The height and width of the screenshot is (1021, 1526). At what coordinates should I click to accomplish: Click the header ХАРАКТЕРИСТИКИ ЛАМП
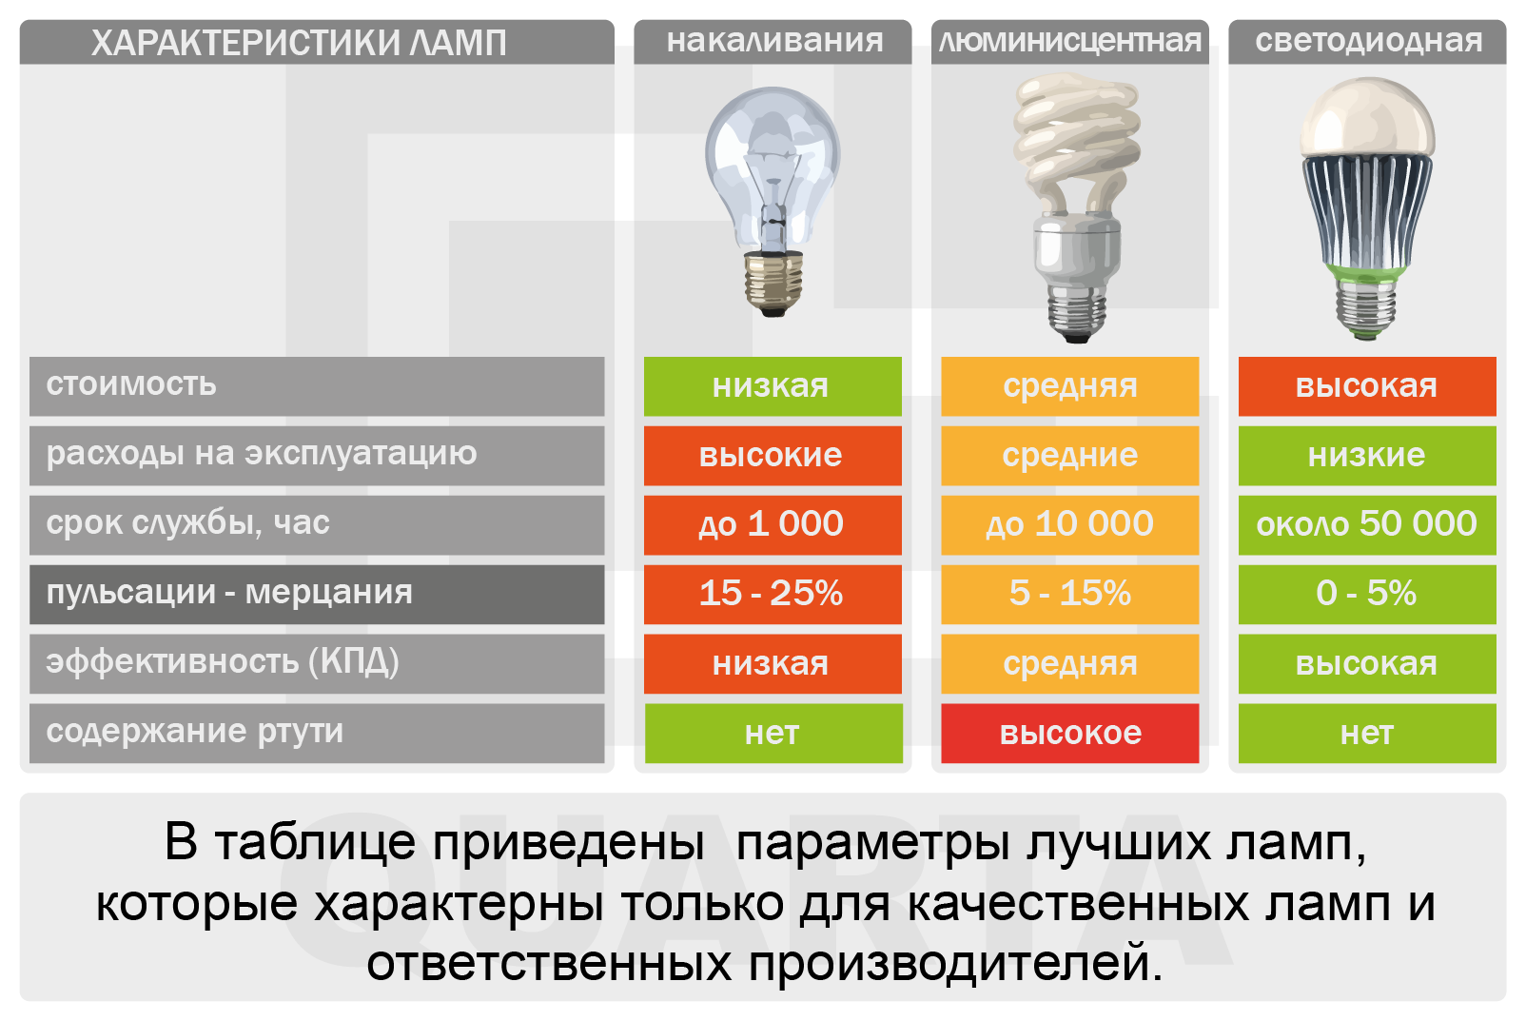299,43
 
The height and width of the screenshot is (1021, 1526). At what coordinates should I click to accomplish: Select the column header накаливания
774,41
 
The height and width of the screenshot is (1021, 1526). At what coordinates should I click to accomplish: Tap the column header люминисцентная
1070,42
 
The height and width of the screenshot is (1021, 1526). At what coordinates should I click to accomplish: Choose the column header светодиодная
1369,42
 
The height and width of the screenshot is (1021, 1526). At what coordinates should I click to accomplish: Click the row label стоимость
130,384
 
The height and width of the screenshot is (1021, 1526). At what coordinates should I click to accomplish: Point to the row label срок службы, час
188,523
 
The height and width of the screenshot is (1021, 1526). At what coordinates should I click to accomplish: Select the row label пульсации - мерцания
229,593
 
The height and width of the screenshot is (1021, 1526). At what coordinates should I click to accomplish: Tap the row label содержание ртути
194,732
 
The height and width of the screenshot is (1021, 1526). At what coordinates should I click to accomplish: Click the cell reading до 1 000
773,525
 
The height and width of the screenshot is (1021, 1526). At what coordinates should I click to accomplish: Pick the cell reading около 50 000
1367,525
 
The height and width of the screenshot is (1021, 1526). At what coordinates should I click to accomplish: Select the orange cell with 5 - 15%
1069,595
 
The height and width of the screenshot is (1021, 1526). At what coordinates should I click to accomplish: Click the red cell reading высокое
1069,734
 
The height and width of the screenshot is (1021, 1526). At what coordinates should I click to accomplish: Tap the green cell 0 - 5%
1367,595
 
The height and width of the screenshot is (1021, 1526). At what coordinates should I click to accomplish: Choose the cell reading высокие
773,455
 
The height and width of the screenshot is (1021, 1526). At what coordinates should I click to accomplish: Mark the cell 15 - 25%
773,595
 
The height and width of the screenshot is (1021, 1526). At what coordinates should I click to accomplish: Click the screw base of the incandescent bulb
773,283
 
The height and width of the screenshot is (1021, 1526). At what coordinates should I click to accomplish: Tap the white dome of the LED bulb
1367,118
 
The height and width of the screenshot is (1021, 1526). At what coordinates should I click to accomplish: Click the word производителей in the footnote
955,963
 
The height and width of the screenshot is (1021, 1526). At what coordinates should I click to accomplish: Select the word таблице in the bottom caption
316,842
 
